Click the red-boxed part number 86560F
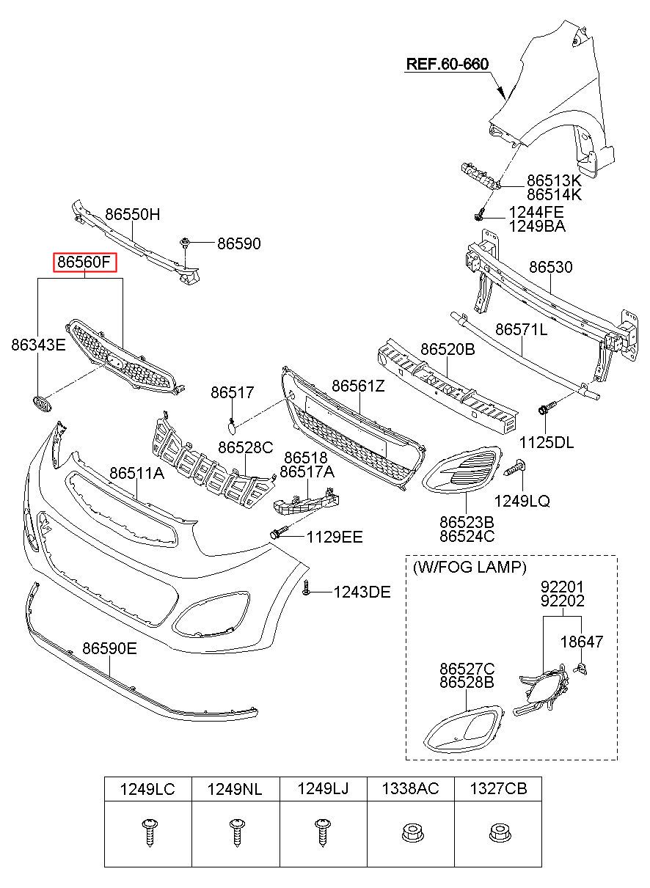click(85, 262)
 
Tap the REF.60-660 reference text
click(448, 64)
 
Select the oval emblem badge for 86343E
click(41, 403)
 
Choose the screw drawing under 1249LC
click(150, 833)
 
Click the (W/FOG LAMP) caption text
click(470, 568)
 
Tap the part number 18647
click(581, 642)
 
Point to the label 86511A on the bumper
click(136, 473)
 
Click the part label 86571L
click(521, 329)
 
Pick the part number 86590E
click(109, 648)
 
